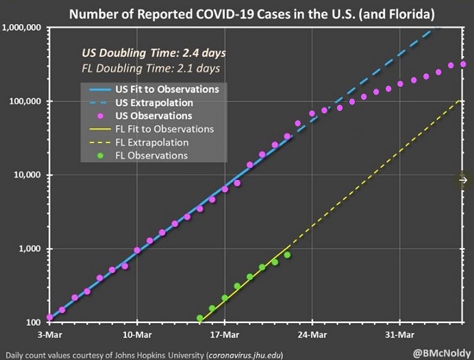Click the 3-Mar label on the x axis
(49, 335)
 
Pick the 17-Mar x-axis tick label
(224, 335)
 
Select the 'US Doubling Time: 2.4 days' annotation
(153, 53)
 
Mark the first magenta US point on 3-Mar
(49, 318)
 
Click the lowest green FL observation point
(200, 318)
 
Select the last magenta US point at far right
(464, 64)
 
